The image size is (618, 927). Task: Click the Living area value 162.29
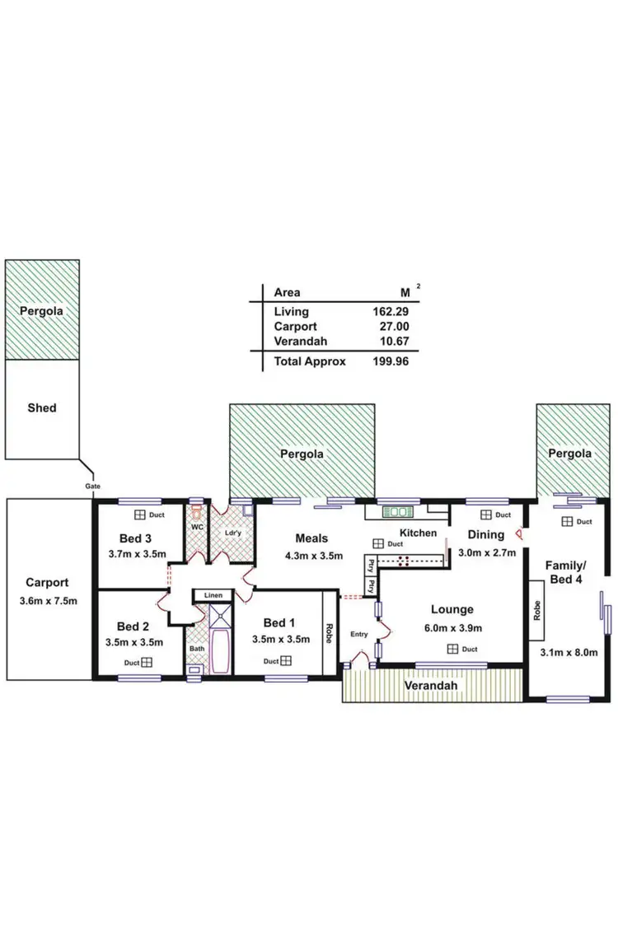click(x=390, y=312)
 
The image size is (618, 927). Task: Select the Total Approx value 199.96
click(x=390, y=361)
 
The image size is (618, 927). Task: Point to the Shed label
click(x=42, y=408)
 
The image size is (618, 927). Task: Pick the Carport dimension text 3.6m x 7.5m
click(x=47, y=600)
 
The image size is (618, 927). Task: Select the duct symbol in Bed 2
click(x=147, y=662)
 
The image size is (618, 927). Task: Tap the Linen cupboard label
click(x=213, y=595)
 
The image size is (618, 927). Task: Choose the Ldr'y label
click(x=232, y=533)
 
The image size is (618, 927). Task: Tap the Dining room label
click(x=486, y=534)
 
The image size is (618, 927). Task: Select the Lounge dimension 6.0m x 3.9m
click(x=452, y=627)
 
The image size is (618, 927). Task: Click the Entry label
click(x=359, y=635)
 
